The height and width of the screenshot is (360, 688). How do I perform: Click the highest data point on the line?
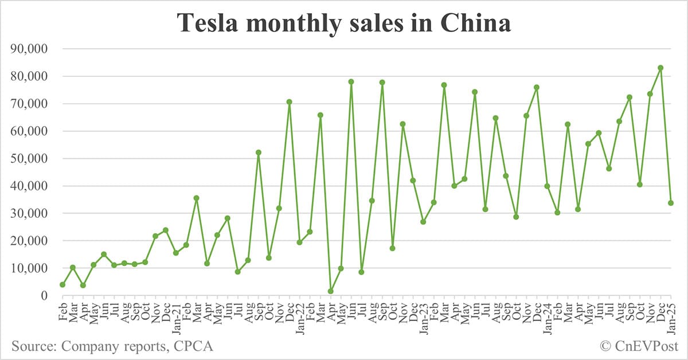pyautogui.click(x=660, y=68)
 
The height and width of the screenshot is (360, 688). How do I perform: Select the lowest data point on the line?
pyautogui.click(x=330, y=291)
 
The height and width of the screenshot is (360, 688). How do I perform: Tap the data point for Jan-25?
pyautogui.click(x=671, y=203)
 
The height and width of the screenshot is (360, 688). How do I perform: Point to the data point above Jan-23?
pyautogui.click(x=423, y=222)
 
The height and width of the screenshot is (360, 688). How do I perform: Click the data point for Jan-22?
pyautogui.click(x=299, y=242)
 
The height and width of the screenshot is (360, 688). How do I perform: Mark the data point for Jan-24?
pyautogui.click(x=547, y=186)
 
